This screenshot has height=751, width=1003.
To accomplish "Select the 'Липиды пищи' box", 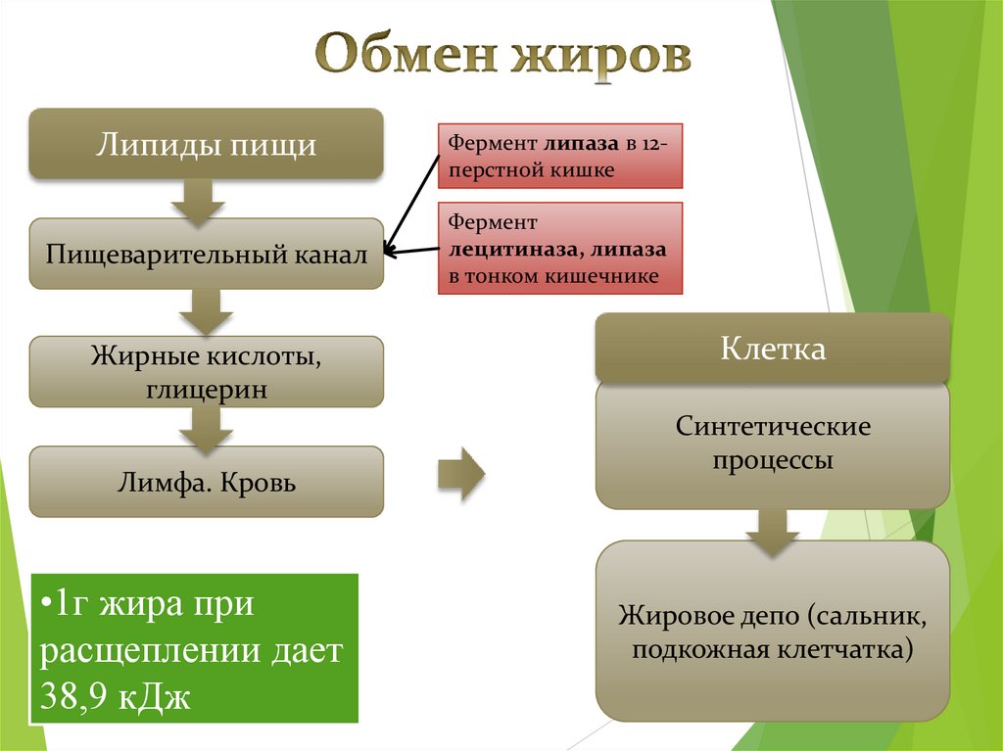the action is [206, 144].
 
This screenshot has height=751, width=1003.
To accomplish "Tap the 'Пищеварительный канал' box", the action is [206, 255].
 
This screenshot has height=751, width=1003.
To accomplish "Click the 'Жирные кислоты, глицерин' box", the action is [206, 372].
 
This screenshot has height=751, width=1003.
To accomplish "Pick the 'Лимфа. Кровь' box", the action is [206, 483].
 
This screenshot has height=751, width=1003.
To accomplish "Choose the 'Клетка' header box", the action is [773, 349].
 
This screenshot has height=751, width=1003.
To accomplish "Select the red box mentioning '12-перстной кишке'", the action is [559, 157].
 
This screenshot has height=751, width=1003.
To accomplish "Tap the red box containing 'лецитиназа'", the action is [559, 250].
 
